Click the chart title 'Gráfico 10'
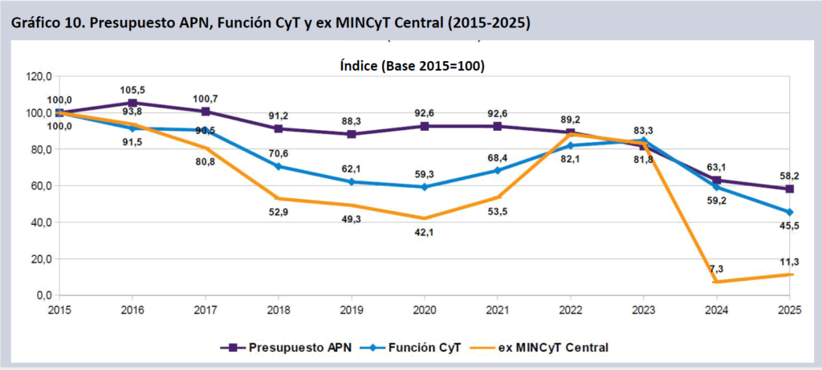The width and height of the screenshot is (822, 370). (270, 23)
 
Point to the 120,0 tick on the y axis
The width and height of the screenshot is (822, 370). (39, 77)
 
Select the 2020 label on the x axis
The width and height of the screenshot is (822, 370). (425, 309)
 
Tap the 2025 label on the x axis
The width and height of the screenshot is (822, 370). (790, 309)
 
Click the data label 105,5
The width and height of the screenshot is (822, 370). (132, 90)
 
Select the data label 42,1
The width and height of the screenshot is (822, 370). (425, 233)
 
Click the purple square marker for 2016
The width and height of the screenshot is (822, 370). (132, 103)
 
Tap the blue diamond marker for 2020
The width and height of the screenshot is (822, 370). (425, 187)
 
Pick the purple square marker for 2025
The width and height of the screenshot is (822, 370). (790, 189)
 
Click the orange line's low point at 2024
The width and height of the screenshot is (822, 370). (717, 282)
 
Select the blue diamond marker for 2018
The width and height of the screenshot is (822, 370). (279, 166)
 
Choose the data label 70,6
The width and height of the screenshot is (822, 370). (279, 152)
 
